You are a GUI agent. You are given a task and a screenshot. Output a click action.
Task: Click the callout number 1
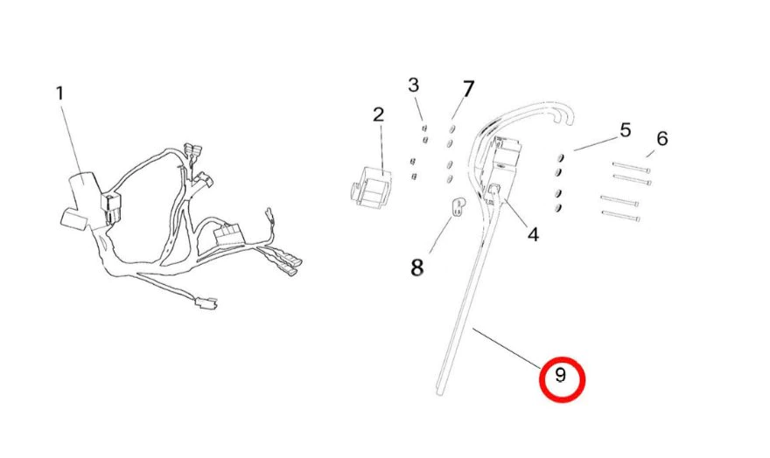pos(59,92)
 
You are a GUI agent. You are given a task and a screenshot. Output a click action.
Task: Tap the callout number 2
pos(378,114)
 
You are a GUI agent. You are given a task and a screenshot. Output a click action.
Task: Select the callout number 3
pos(413,85)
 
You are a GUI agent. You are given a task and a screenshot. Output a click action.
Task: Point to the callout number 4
pos(533,234)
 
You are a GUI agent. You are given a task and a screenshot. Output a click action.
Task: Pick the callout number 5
pos(625,131)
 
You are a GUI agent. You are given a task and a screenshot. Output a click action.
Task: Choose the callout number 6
pos(661,138)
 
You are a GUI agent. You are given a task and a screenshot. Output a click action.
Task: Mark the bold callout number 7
pos(468,89)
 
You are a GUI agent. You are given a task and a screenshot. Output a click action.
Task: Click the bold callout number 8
pos(417,266)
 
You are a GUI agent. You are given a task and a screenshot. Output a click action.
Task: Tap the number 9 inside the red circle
pos(561,378)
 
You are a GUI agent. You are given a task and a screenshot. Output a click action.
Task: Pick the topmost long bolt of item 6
pos(632,165)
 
